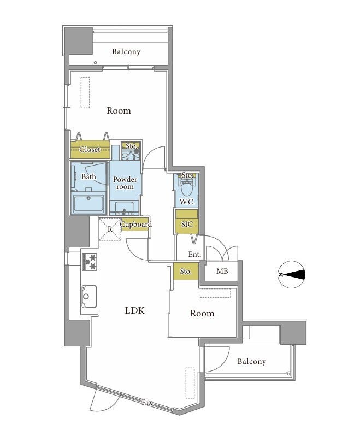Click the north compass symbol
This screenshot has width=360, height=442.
[291, 275]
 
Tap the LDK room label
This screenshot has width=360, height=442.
[135, 311]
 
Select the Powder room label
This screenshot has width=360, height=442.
[125, 183]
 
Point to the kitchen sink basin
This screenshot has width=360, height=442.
[89, 297]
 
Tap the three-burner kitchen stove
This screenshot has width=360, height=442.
[90, 262]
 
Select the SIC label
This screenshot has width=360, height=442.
[187, 225]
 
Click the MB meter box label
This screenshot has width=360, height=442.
[222, 271]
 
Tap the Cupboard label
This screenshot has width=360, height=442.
[135, 225]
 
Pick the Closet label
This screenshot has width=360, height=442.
[90, 149]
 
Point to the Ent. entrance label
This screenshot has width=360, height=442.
[194, 255]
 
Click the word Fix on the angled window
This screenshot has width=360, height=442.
[147, 402]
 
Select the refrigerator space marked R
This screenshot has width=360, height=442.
[110, 229]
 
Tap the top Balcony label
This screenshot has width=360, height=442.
[126, 51]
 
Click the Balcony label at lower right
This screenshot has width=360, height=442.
[251, 361]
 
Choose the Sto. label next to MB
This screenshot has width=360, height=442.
[186, 272]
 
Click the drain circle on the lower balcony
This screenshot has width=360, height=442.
[288, 374]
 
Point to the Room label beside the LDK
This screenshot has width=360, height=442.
[202, 313]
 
